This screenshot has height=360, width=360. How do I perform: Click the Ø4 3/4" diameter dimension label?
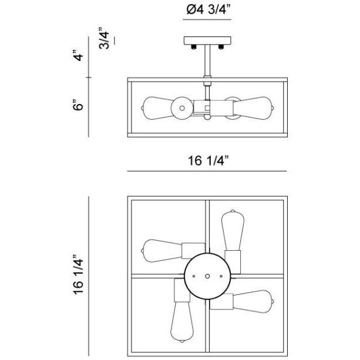(208, 10)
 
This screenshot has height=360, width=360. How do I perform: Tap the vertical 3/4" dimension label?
(104, 38)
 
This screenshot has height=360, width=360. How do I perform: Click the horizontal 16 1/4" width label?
(208, 160)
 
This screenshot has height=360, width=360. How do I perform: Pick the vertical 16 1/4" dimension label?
(78, 275)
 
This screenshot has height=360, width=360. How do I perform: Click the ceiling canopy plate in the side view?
(207, 41)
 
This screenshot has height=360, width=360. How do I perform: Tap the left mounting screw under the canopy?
(194, 47)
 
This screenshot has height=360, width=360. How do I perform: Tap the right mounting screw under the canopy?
(221, 47)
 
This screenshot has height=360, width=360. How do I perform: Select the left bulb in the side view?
(157, 108)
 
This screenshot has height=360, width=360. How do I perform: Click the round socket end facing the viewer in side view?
(182, 108)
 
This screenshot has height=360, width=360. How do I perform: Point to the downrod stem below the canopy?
(207, 61)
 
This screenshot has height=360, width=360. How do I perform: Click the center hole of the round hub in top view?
(207, 276)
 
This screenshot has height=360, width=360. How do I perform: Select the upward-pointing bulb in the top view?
(233, 230)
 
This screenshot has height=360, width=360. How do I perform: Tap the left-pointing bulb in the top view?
(162, 251)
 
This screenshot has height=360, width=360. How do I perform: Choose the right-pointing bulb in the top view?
(254, 301)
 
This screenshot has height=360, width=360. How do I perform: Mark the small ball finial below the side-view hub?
(207, 117)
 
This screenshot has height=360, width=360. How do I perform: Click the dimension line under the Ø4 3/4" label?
(207, 20)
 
